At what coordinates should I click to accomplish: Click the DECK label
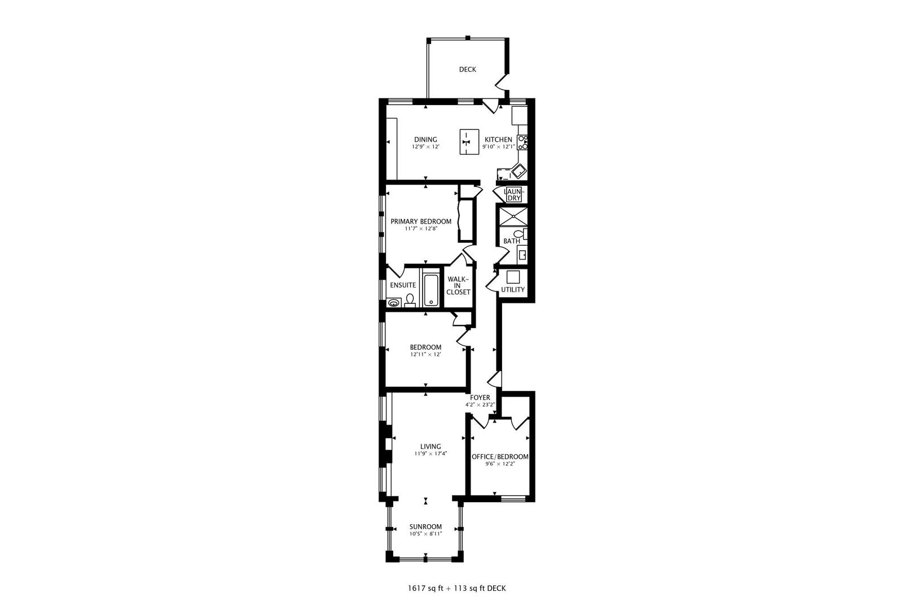467,69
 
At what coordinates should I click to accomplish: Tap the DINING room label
425,140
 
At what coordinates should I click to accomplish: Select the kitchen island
469,142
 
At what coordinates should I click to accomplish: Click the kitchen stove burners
522,143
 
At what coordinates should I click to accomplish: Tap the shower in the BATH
514,216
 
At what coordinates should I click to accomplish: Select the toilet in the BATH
520,234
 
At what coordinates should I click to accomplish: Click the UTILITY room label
513,290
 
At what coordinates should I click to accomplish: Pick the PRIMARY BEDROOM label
421,221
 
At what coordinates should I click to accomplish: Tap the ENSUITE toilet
411,300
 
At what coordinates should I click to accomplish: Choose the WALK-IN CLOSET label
458,286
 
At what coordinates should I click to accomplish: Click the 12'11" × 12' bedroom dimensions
425,355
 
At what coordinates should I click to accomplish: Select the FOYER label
480,398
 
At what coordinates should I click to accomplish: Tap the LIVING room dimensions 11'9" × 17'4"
431,454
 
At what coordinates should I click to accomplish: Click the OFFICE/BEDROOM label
500,457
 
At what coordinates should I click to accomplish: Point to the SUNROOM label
425,527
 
